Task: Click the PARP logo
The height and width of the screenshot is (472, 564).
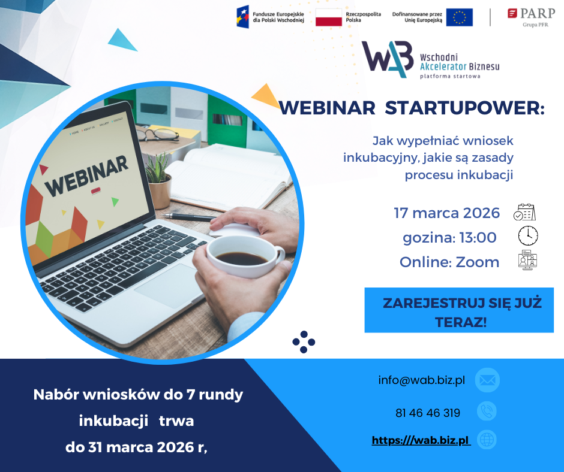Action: point(531,17)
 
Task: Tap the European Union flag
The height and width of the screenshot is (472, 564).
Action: point(460,17)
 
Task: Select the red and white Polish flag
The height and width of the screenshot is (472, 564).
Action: point(328,17)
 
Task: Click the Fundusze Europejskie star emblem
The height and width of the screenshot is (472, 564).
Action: point(243,17)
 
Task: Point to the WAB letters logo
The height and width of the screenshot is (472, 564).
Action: point(388,59)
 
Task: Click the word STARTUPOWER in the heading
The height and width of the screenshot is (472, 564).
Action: point(465,108)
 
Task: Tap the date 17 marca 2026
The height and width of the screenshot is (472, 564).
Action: point(447,213)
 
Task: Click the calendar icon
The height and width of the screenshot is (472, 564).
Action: point(524,212)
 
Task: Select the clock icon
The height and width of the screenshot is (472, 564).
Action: point(527,235)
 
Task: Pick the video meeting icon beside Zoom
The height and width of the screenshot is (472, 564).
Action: point(527,260)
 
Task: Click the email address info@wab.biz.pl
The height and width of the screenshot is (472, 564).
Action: point(422,380)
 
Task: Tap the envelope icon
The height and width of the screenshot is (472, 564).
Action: point(487,380)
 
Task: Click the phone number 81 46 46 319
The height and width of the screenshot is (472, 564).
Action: point(428,413)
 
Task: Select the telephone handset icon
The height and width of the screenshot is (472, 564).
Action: point(487,412)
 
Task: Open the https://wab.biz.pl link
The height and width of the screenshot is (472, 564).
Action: point(421,440)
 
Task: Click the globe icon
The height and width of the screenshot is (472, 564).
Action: point(487,440)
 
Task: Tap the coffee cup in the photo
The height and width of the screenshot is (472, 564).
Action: point(245,256)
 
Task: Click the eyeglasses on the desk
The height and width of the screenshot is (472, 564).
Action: point(158,135)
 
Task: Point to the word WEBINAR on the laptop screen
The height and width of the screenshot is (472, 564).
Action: point(86,176)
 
